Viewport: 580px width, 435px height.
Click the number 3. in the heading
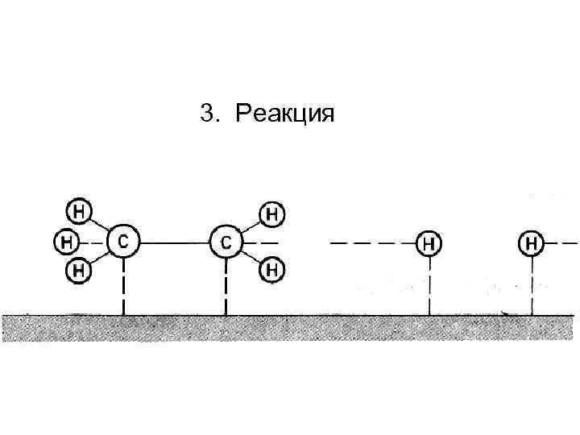pyautogui.click(x=209, y=114)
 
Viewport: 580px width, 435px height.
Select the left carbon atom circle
pyautogui.click(x=122, y=240)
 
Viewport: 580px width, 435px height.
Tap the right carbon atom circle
pyautogui.click(x=226, y=241)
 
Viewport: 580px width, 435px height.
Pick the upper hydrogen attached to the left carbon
pyautogui.click(x=78, y=212)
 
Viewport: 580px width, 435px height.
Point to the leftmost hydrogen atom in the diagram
pyautogui.click(x=67, y=241)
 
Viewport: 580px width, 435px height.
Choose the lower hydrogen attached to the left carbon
pyautogui.click(x=78, y=269)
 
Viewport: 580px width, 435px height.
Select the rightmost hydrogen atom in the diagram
pyautogui.click(x=531, y=241)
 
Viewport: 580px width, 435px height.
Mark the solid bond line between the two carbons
pyautogui.click(x=174, y=241)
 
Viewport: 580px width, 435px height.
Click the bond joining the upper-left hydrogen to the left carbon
pyautogui.click(x=98, y=225)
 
